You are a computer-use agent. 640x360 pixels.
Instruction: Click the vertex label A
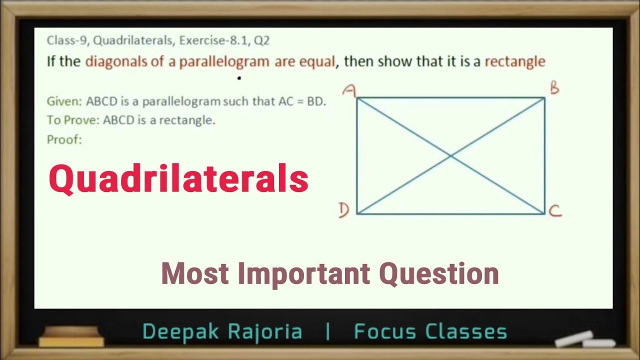pyautogui.click(x=349, y=90)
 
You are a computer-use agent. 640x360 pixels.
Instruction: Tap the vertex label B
pyautogui.click(x=554, y=88)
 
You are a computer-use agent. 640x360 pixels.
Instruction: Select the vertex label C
pyautogui.click(x=555, y=212)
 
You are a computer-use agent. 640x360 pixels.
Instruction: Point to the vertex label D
pyautogui.click(x=343, y=211)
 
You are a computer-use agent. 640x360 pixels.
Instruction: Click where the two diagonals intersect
pyautogui.click(x=451, y=156)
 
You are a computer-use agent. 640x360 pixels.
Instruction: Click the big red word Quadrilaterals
pyautogui.click(x=178, y=179)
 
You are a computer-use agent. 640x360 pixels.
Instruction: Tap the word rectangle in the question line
pyautogui.click(x=515, y=62)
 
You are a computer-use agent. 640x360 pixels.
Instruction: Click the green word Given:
pyautogui.click(x=64, y=101)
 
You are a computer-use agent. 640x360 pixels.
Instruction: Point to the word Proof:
pyautogui.click(x=64, y=139)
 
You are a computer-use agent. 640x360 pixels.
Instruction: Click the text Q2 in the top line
pyautogui.click(x=261, y=41)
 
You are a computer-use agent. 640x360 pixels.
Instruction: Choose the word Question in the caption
pyautogui.click(x=438, y=274)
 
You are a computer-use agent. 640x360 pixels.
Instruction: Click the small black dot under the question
pyautogui.click(x=239, y=78)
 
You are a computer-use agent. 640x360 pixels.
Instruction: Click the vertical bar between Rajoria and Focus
pyautogui.click(x=328, y=332)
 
